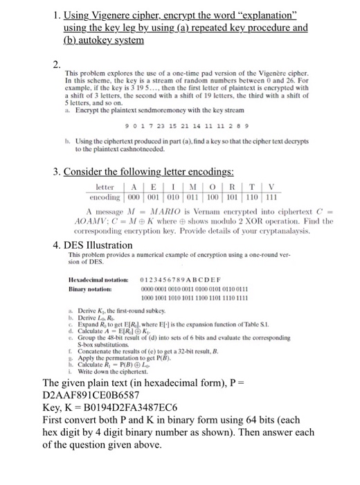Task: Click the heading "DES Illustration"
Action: (x=90, y=245)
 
